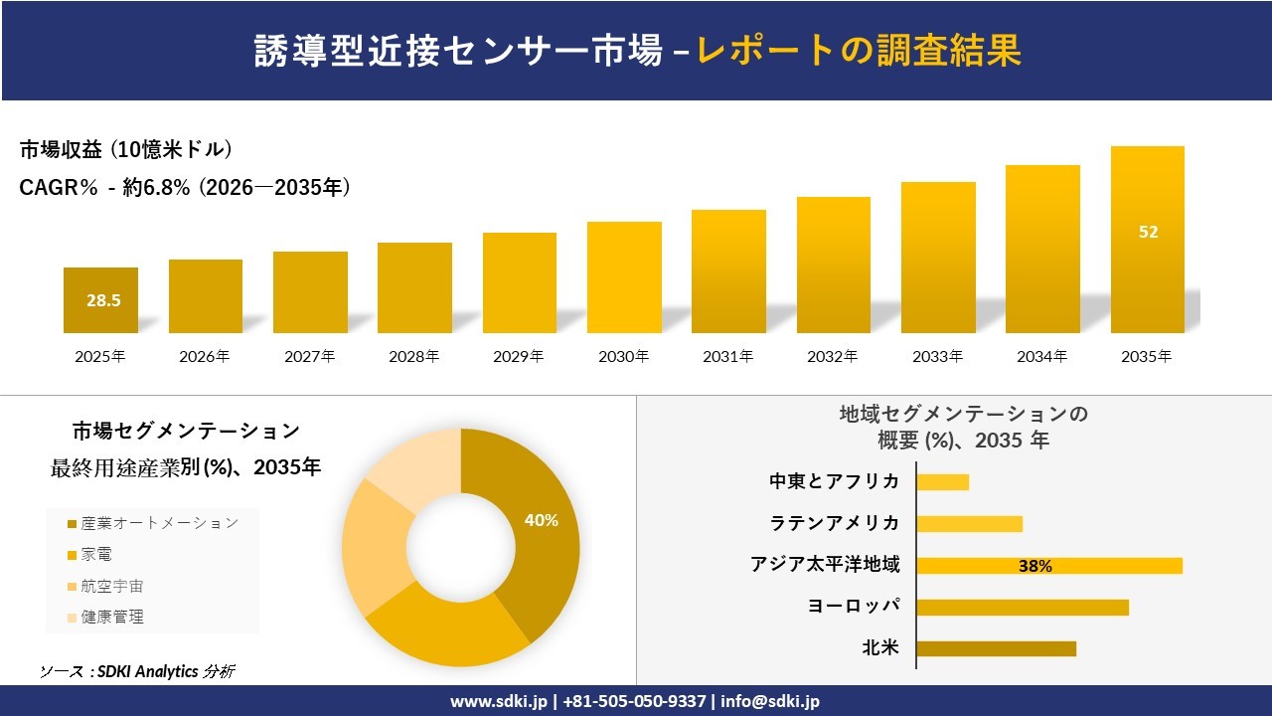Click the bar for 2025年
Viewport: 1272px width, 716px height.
coord(100,300)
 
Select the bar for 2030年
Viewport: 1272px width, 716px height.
coord(624,277)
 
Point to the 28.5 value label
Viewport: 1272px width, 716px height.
coord(103,300)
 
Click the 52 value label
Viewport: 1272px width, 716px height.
coord(1148,232)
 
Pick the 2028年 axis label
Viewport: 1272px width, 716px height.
coord(413,356)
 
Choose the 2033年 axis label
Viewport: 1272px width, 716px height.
coord(937,356)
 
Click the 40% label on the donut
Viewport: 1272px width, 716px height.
coord(541,520)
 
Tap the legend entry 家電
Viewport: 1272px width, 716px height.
coord(97,555)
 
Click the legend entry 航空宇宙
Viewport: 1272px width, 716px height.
coord(112,586)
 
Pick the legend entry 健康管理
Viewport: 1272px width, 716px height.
coord(112,617)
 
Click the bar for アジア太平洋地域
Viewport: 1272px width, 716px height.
coord(1048,566)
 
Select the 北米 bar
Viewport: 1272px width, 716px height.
coord(996,648)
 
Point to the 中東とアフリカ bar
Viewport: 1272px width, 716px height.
coord(942,482)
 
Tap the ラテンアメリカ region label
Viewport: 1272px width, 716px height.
coord(834,523)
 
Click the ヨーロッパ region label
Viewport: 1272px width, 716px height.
coord(854,607)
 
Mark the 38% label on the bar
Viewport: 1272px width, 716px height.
coord(1034,567)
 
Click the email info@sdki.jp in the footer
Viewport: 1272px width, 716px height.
coord(770,701)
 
